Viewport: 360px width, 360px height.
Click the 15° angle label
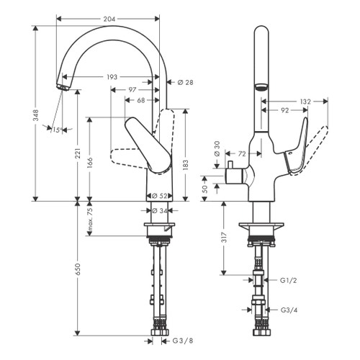(x=57, y=129)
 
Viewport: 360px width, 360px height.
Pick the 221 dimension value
(x=78, y=156)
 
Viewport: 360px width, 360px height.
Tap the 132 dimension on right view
(x=305, y=102)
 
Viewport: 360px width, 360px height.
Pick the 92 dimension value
(x=285, y=112)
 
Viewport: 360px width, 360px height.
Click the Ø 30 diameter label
(x=217, y=150)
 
